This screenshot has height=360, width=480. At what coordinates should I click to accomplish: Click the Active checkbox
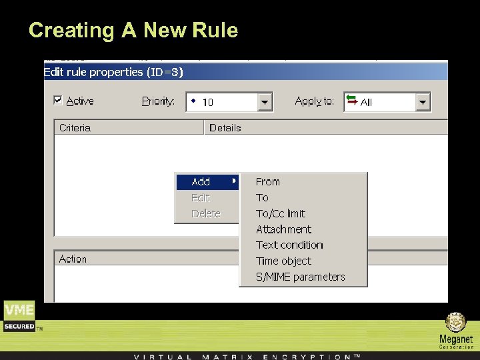pos(58,101)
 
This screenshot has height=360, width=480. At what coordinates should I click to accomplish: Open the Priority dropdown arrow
pos(265,102)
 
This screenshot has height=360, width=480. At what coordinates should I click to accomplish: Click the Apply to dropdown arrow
pos(423,102)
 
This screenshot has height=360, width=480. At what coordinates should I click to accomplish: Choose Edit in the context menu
pos(200,197)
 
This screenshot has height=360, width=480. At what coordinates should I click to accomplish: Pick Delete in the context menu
pos(205,213)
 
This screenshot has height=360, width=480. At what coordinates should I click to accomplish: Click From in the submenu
pos(268,181)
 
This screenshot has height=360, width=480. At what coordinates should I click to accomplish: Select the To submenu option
pos(263,197)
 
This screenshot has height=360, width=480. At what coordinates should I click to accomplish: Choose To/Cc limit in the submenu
pos(281,213)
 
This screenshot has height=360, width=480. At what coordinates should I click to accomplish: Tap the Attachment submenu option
pos(283,229)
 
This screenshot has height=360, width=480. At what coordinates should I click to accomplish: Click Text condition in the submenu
pos(289,245)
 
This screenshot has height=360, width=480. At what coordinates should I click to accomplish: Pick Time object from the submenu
pos(283,261)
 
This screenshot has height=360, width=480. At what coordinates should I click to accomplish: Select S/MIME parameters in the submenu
pos(301,277)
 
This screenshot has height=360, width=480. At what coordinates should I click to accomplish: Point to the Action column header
pos(73,259)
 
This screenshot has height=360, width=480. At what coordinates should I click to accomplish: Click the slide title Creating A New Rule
pos(133,30)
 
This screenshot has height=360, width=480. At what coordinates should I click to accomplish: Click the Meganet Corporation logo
pos(456,330)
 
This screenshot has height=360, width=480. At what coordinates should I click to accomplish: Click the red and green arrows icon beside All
pos(351,101)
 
